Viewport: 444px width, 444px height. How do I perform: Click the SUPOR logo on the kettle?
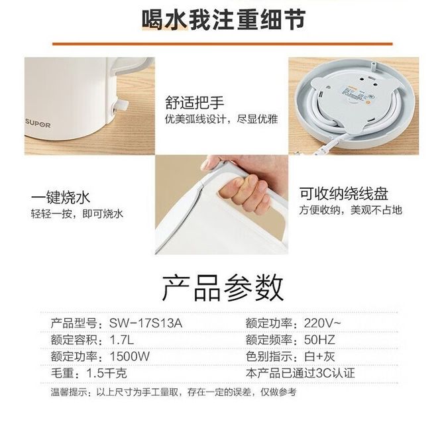[x=38, y=124]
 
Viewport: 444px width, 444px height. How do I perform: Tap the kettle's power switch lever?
[x=122, y=106]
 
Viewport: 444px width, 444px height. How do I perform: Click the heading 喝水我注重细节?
[x=223, y=19]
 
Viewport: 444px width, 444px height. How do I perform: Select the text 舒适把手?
[x=195, y=103]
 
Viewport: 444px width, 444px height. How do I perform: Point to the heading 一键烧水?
[x=60, y=197]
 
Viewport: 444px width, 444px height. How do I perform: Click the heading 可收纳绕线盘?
[x=344, y=194]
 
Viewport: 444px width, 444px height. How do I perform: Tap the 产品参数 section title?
[x=223, y=288]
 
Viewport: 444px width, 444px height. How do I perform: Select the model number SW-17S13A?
[x=146, y=323]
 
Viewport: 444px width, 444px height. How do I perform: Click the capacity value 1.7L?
[x=122, y=339]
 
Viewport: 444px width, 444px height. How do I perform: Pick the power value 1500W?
[x=130, y=357]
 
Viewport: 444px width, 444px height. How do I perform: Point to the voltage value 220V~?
[x=323, y=323]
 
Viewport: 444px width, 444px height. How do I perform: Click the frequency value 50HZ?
[x=319, y=339]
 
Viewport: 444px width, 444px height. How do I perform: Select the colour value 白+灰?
[x=319, y=357]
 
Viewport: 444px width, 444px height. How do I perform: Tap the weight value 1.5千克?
[x=107, y=373]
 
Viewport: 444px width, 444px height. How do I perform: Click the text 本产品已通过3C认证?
[x=300, y=373]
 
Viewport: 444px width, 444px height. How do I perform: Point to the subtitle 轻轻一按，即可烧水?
[x=77, y=214]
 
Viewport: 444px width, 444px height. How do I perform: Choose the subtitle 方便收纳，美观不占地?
[x=351, y=210]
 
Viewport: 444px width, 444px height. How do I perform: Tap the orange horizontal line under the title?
[x=223, y=44]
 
